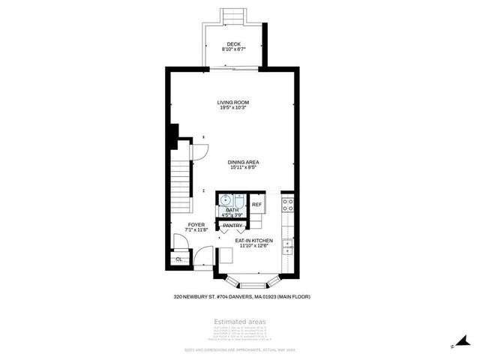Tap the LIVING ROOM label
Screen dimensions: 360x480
click(x=232, y=102)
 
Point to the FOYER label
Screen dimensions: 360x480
click(x=196, y=224)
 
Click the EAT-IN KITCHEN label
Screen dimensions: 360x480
click(x=256, y=241)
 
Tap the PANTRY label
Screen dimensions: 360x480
click(x=232, y=225)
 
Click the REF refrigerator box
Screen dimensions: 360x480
click(x=256, y=204)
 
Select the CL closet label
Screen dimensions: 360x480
click(x=178, y=259)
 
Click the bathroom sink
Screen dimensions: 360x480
click(x=226, y=200)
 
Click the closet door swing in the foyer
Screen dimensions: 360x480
click(x=180, y=243)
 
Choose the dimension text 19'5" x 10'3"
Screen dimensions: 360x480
click(x=232, y=108)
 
